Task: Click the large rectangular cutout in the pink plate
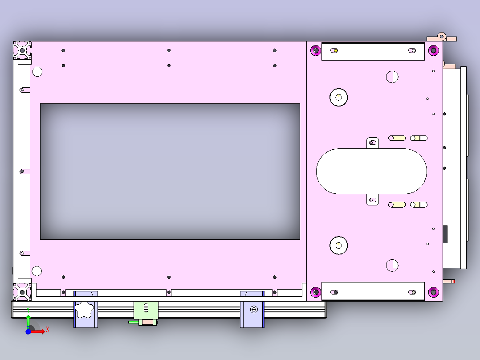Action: tap(170, 172)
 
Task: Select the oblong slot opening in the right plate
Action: tap(371, 171)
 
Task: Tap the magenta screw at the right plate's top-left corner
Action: tap(316, 50)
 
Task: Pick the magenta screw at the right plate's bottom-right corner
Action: tap(433, 292)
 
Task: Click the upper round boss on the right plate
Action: tap(338, 97)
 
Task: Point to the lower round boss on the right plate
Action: tap(338, 245)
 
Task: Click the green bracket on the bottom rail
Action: tap(146, 310)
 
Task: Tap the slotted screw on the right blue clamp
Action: tap(254, 309)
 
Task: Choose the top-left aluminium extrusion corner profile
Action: tap(22, 50)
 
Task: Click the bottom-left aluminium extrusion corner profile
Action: tap(22, 291)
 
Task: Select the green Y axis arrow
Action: tap(28, 320)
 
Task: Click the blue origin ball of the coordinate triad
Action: tap(28, 331)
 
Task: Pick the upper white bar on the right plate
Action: tap(373, 51)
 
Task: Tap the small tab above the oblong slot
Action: tap(373, 143)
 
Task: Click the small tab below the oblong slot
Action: tap(373, 200)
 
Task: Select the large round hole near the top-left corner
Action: tap(37, 71)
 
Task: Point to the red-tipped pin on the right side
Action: tap(450, 281)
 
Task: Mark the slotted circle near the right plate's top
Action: tap(392, 77)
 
